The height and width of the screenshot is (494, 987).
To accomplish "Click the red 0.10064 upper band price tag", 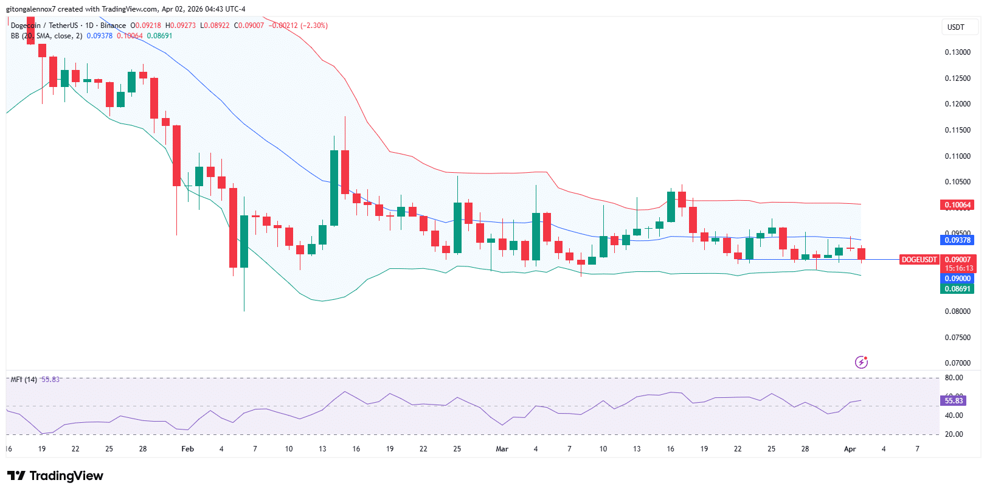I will [957, 205].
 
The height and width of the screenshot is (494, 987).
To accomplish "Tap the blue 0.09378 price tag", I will [957, 240].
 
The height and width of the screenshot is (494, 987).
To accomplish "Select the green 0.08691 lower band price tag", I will [957, 289].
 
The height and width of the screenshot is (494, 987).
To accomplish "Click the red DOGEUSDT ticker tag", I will [919, 260].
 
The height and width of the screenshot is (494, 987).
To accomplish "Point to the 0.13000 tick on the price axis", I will [957, 52].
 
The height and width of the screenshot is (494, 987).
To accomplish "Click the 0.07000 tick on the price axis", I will [957, 363].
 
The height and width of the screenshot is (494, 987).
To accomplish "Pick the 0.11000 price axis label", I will [957, 156].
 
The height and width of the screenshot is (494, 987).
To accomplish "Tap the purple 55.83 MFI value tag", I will [954, 401].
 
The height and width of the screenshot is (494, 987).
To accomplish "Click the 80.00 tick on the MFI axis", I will [954, 378].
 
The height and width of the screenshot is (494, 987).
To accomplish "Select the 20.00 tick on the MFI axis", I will [954, 434].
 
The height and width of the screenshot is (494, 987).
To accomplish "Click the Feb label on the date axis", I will [188, 449].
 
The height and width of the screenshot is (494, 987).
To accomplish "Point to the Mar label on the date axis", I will [502, 449].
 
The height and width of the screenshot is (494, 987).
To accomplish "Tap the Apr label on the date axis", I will [850, 449].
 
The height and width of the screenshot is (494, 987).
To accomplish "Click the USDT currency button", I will [955, 27].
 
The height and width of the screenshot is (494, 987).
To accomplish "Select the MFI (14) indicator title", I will [24, 380].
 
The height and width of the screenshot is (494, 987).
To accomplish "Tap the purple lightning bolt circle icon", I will [861, 362].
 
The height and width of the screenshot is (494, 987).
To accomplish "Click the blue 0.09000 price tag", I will [957, 279].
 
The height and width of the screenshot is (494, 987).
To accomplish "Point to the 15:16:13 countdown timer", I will [958, 268].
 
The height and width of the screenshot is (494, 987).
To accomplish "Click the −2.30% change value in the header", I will [314, 26].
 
